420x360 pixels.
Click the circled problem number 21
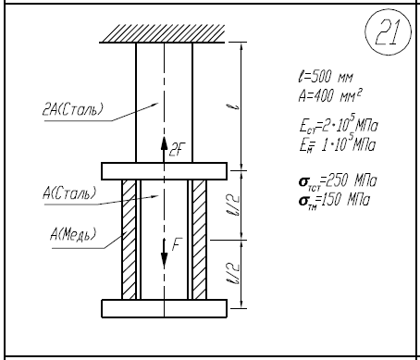click(x=388, y=32)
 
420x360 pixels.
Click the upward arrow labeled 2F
click(x=164, y=150)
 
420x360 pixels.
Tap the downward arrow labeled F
click(x=165, y=253)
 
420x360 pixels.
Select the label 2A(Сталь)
click(x=72, y=109)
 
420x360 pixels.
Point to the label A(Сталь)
click(x=69, y=193)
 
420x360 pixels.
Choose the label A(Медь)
click(x=73, y=234)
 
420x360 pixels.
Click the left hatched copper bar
click(x=129, y=240)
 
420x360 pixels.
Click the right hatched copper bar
click(x=200, y=240)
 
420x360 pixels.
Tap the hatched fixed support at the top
click(x=163, y=33)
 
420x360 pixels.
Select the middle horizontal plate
click(x=165, y=171)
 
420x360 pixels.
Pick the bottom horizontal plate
click(x=165, y=308)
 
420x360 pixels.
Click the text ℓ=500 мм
click(x=326, y=77)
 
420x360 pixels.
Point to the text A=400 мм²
click(x=330, y=95)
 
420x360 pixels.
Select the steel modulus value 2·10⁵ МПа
click(x=350, y=124)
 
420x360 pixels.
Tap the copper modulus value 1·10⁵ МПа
click(x=348, y=143)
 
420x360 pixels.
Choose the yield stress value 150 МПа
click(x=345, y=200)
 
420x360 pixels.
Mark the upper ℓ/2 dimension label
click(x=235, y=205)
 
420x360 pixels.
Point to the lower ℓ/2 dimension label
click(x=235, y=273)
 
